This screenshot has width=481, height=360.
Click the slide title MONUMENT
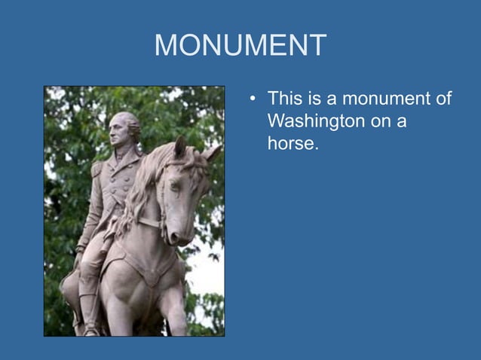(x=240, y=46)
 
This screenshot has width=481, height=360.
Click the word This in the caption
(x=285, y=98)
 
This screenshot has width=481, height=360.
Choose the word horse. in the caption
(x=293, y=143)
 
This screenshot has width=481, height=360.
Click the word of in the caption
(x=442, y=98)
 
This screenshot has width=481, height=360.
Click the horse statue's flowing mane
(x=143, y=188)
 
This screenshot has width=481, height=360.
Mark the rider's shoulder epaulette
(x=97, y=167)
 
